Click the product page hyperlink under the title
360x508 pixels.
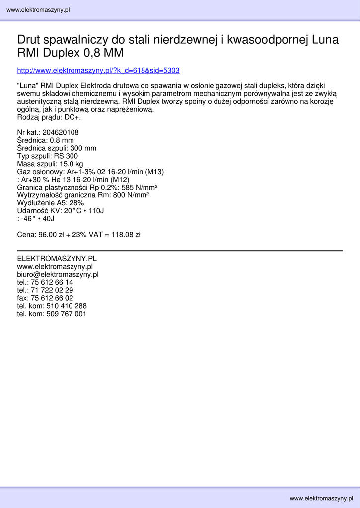click(x=98, y=70)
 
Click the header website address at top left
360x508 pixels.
click(x=38, y=10)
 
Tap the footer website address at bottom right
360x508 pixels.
click(x=321, y=498)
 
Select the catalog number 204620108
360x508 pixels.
click(x=61, y=133)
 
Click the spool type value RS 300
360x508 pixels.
click(x=66, y=156)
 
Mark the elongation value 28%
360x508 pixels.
click(x=76, y=203)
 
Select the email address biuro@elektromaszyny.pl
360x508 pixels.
click(x=58, y=274)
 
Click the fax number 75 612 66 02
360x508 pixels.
click(x=52, y=298)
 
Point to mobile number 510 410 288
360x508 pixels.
click(x=67, y=306)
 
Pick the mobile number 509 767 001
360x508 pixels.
click(x=67, y=314)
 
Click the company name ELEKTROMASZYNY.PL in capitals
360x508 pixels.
click(x=57, y=259)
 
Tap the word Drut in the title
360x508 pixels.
click(x=29, y=40)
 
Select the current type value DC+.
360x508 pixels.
click(x=72, y=118)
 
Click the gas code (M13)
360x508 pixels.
click(x=154, y=172)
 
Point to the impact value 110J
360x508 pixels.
click(x=96, y=211)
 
